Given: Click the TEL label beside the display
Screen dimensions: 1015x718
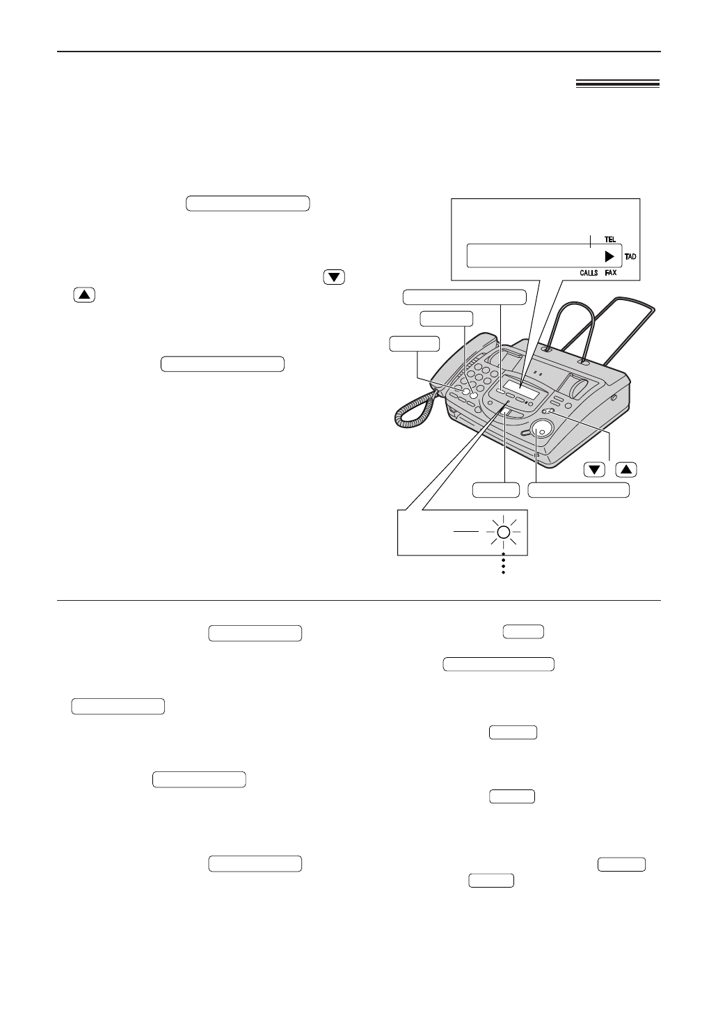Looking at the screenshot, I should coord(609,239).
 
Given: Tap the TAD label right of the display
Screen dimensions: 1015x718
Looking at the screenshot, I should coord(630,256).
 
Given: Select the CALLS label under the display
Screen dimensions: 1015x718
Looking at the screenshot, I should coord(589,274).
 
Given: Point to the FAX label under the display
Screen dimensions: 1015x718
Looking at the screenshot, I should coord(610,274).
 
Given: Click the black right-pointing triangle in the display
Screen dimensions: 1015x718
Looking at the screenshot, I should coord(609,255).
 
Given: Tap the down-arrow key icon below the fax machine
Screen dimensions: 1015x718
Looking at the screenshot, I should coord(594,469).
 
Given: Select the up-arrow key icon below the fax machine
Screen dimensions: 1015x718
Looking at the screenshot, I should coord(626,469).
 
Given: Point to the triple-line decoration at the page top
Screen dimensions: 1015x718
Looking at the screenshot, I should coord(617,84).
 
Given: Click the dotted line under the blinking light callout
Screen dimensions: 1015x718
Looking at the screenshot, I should coord(502,565).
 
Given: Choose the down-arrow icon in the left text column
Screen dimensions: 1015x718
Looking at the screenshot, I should coord(335,277).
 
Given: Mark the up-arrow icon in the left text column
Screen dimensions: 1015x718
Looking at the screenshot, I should coord(83,294).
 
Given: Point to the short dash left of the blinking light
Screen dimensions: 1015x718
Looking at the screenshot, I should coord(465,531).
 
